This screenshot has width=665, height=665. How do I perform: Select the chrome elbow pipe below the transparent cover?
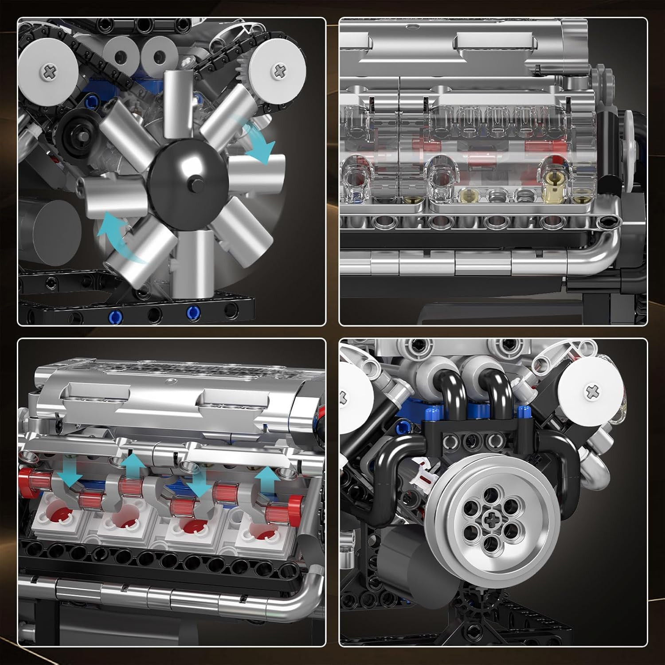[603, 248]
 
